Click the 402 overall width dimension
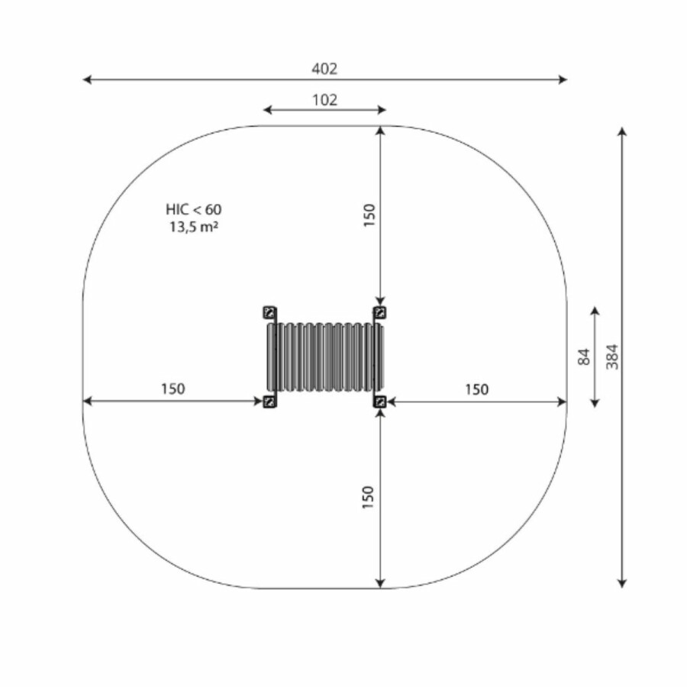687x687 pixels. click(324, 69)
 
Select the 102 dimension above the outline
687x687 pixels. click(324, 100)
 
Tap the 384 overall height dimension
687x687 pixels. click(612, 356)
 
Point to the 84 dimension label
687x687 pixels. click(584, 357)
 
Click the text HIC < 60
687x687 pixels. click(194, 209)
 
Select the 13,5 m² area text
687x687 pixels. click(194, 227)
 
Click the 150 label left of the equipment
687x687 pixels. click(173, 389)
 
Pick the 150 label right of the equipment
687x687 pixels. click(476, 389)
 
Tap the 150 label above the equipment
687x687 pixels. click(369, 215)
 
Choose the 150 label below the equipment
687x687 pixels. click(368, 497)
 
